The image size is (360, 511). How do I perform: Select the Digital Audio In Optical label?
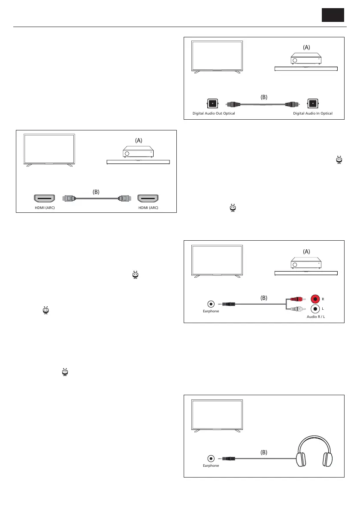tap(313, 113)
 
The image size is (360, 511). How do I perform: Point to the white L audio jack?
tap(316, 308)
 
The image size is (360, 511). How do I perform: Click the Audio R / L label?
tap(315, 317)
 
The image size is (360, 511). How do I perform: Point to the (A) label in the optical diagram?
tap(306, 48)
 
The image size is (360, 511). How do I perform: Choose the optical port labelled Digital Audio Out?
tap(212, 103)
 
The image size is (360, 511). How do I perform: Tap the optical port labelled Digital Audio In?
tap(313, 103)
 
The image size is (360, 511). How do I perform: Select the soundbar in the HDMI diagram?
tap(138, 162)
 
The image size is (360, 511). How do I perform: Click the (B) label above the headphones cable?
tap(263, 452)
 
